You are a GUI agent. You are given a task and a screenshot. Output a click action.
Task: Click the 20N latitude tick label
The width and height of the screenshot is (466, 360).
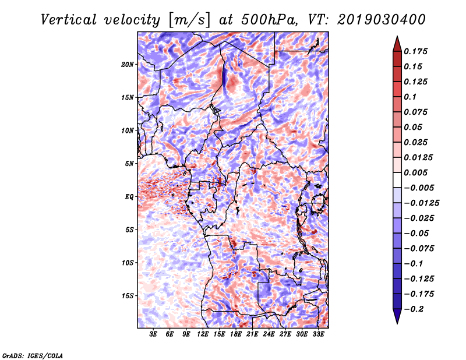(128, 64)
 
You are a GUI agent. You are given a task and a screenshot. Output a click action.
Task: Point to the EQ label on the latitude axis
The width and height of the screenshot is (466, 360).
(129, 197)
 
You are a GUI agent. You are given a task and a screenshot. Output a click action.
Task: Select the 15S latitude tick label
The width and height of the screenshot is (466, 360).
(128, 296)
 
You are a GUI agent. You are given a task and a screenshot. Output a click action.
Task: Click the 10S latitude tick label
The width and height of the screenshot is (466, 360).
(128, 263)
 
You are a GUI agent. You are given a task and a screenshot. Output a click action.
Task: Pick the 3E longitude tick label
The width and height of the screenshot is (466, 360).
(154, 334)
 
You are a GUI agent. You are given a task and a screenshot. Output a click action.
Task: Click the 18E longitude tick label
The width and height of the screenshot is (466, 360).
(236, 334)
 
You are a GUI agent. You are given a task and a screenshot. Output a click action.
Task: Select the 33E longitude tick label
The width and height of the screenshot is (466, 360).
(319, 334)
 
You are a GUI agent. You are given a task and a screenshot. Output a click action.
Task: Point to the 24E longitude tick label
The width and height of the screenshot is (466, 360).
(269, 334)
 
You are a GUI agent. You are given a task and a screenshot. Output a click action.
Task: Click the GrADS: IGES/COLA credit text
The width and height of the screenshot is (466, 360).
(32, 355)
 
